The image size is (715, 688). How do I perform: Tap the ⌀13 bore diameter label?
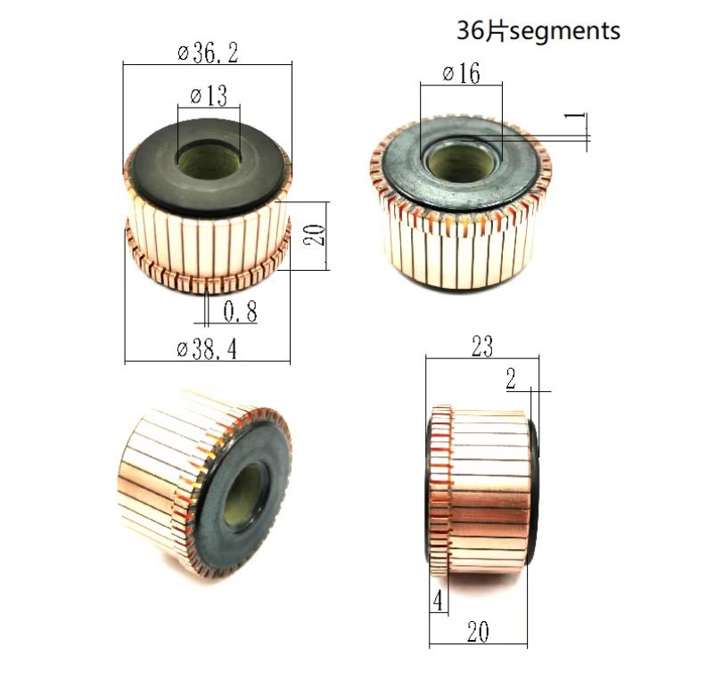[209, 95]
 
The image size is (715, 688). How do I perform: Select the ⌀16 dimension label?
[461, 74]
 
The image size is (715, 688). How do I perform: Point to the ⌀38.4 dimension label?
[207, 350]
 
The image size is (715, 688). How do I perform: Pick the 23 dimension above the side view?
[482, 346]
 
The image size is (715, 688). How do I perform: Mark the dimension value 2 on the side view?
[511, 380]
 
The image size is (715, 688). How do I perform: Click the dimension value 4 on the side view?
[438, 601]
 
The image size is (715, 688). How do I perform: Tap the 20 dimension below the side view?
[479, 634]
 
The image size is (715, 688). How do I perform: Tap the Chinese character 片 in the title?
[497, 31]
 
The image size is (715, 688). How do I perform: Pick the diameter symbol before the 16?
[448, 74]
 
